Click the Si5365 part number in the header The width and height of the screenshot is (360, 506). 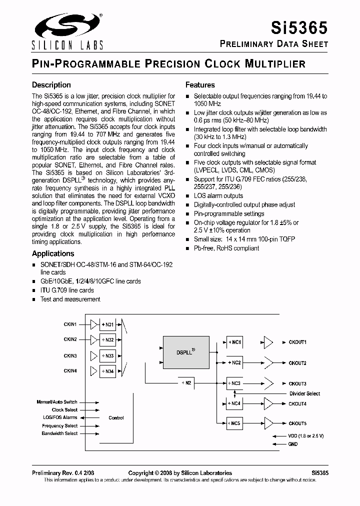coord(298,26)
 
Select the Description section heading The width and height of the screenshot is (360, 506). coord(51,85)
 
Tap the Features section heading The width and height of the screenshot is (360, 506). coord(200,85)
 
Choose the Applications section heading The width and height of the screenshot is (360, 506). coord(53,253)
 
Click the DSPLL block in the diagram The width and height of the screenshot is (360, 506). coord(185,352)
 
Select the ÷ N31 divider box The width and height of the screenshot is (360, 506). coord(107,324)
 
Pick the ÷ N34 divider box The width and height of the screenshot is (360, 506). coord(107,371)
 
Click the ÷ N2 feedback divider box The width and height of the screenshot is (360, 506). coord(185,382)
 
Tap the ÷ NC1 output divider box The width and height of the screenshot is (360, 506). coord(234,342)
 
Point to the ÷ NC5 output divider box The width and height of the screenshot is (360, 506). coord(234,423)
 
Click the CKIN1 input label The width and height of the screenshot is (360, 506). coord(70,324)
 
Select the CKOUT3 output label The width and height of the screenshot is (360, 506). coord(298,383)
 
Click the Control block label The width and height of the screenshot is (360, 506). coord(116,417)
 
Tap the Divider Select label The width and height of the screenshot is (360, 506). coord(304,393)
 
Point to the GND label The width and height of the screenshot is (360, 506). coord(293,444)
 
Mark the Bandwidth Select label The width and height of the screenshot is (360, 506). coord(59,433)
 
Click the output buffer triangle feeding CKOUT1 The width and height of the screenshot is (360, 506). coord(268,342)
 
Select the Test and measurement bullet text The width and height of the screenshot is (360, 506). coord(70,299)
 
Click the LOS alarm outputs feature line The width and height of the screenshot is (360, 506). coord(218,195)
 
